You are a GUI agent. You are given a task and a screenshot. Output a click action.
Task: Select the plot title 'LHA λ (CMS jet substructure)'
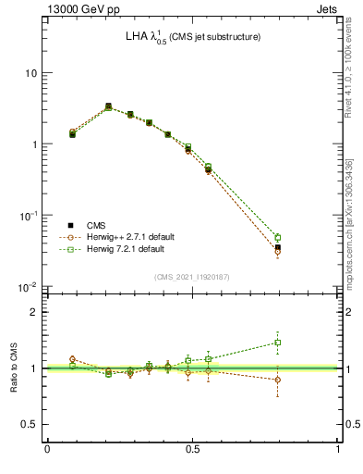click(x=193, y=37)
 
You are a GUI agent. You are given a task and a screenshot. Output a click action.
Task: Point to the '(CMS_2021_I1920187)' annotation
click(x=192, y=277)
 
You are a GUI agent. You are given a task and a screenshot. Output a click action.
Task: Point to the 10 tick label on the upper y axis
click(x=30, y=73)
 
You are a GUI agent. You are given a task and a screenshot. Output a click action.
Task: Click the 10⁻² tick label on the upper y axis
click(x=29, y=287)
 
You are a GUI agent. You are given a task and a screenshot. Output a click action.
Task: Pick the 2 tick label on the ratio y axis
click(x=34, y=312)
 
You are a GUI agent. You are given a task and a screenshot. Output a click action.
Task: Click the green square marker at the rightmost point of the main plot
click(x=303, y=237)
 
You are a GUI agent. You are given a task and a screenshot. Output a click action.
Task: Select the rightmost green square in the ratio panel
click(x=303, y=343)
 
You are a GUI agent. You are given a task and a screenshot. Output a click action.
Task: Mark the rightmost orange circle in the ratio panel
click(x=303, y=380)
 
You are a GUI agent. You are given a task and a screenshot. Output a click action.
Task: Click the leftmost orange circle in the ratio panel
click(x=72, y=359)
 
